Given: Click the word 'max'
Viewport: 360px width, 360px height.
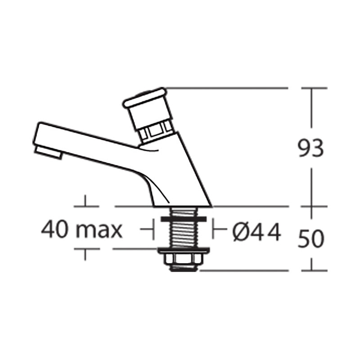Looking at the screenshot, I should pos(99,230).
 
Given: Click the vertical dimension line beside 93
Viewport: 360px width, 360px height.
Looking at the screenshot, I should pos(311,112).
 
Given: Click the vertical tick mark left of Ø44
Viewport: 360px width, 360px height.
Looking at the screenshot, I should pos(214,230).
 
